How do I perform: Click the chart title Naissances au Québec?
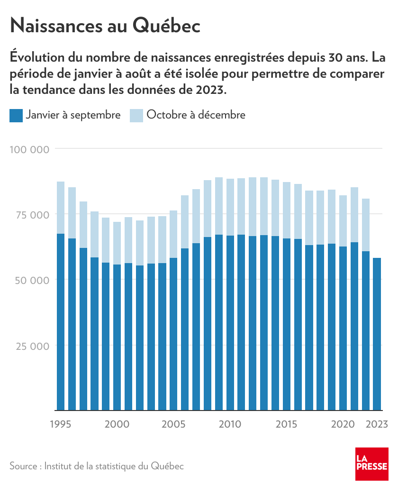pos(105,26)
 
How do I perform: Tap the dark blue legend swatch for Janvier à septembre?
pos(16,115)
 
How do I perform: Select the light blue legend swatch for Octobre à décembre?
pos(136,115)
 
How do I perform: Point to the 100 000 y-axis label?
pos(29,149)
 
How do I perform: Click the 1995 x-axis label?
pos(61,424)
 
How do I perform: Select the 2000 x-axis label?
pos(117,424)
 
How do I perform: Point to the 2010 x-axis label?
pos(230,424)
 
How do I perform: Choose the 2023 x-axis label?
pos(378,424)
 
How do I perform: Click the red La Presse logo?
pos(371,464)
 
